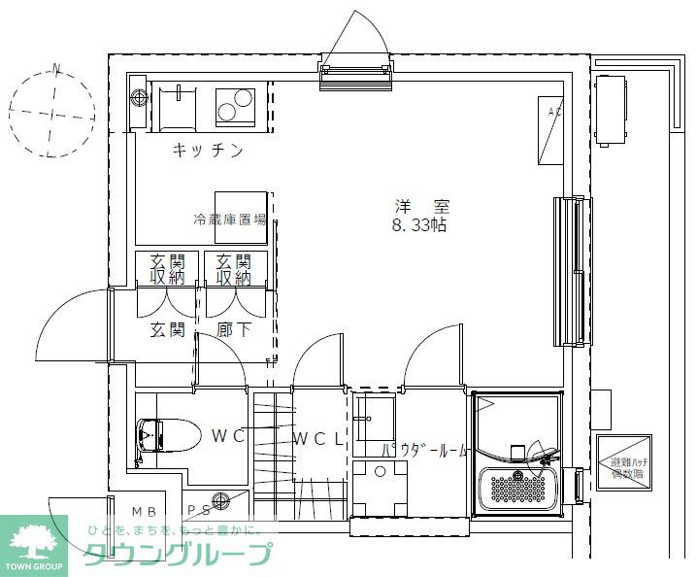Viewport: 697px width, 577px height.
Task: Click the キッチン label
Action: (x=207, y=151)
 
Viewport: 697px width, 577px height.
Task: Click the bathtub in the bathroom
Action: (x=520, y=487)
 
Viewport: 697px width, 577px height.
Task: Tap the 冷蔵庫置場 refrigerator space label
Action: (x=230, y=220)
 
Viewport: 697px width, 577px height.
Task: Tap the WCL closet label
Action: (x=318, y=438)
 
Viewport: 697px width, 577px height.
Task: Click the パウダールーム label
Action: (x=425, y=451)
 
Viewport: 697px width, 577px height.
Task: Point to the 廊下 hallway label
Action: (x=235, y=329)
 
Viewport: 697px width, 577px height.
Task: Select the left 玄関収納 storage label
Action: (x=167, y=270)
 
